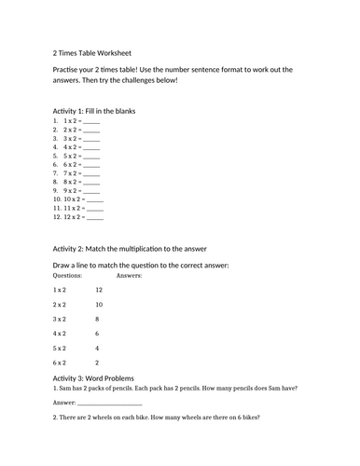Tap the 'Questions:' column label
(68, 276)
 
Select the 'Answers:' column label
(130, 276)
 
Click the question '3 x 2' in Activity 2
(59, 319)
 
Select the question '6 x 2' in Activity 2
(59, 363)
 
